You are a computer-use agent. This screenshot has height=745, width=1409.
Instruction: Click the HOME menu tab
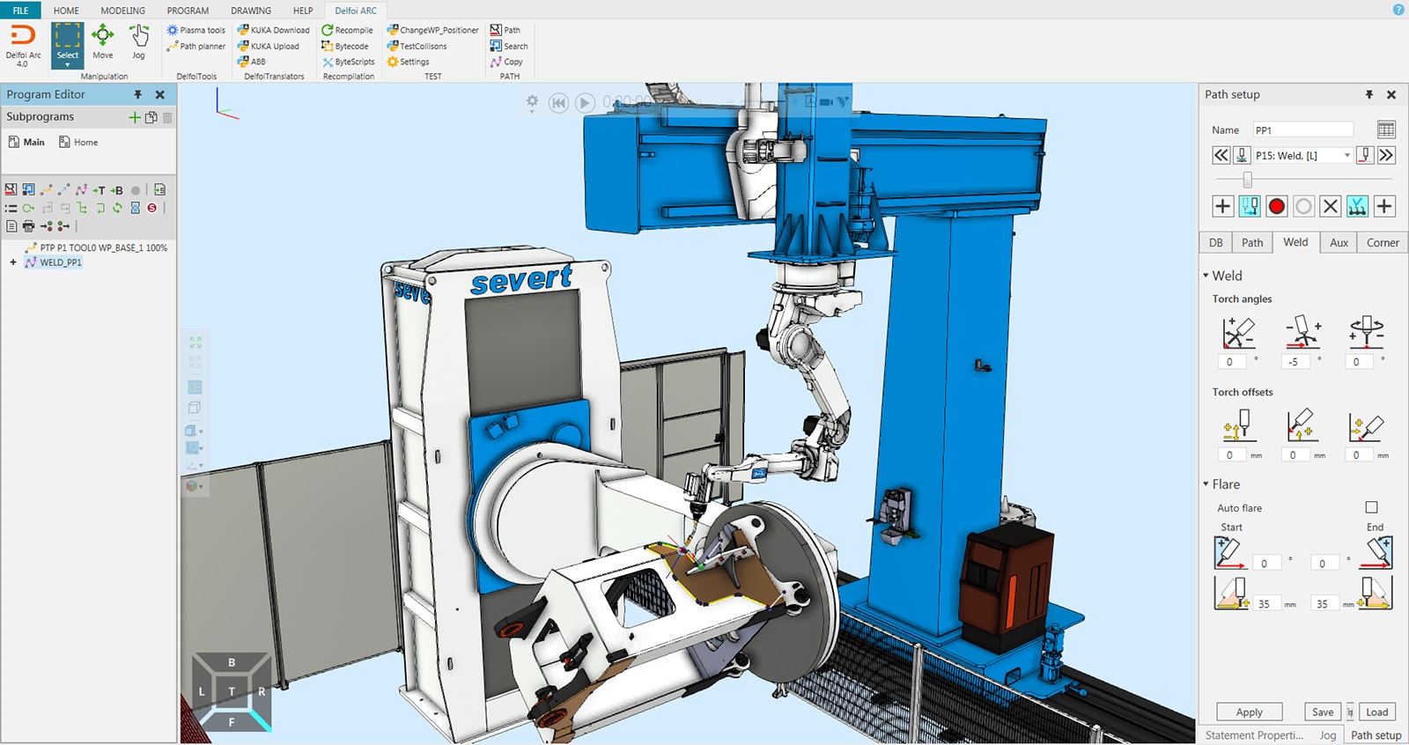click(66, 11)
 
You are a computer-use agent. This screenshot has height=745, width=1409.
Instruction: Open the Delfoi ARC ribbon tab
click(356, 11)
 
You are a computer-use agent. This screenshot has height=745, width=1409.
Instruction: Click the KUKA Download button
click(274, 30)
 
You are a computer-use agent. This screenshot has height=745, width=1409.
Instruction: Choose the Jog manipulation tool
click(138, 41)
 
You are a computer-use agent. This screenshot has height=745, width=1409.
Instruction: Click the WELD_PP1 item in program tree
click(60, 262)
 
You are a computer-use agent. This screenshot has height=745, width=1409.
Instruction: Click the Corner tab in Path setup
click(1382, 243)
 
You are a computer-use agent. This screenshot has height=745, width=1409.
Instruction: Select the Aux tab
click(1339, 243)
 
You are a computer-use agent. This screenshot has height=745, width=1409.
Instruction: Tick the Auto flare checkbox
click(1371, 507)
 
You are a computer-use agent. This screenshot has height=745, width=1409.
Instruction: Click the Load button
click(1376, 712)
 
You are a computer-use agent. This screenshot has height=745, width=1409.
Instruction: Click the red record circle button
click(1276, 206)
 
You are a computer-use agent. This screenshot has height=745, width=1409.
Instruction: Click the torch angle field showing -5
click(1294, 362)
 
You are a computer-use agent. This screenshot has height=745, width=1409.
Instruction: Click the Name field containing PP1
click(1302, 130)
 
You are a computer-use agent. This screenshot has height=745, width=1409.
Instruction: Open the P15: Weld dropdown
click(1346, 156)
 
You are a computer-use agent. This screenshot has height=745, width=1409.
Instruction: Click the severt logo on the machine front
click(521, 280)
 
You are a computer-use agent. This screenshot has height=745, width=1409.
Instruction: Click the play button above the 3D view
click(585, 103)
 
